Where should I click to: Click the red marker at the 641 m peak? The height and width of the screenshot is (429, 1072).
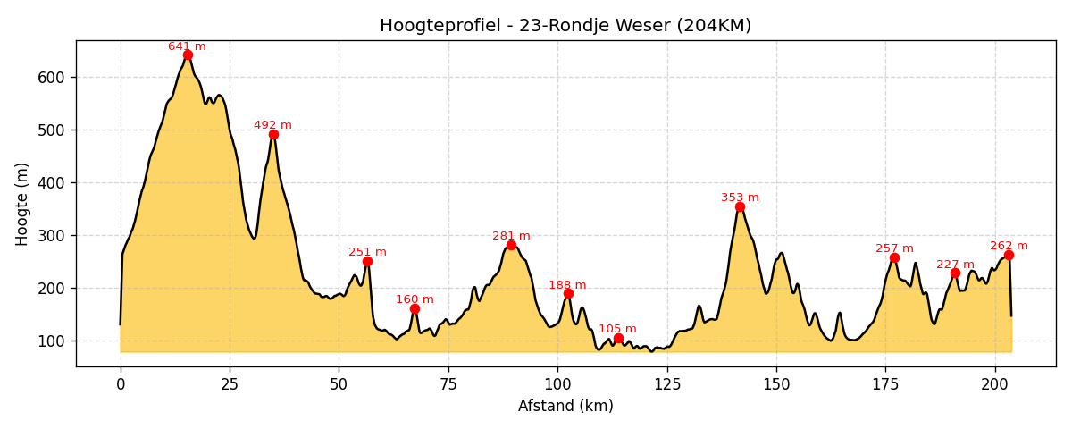(188, 55)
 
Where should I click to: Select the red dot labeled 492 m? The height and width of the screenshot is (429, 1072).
(273, 134)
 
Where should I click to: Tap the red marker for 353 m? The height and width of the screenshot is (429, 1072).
(740, 206)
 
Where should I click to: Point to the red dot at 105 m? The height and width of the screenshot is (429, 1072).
(618, 338)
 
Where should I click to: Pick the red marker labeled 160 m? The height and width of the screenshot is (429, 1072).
(415, 308)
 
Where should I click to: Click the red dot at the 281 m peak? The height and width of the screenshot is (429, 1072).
(511, 245)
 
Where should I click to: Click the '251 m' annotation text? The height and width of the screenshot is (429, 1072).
(367, 252)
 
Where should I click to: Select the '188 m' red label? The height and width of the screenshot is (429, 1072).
(567, 285)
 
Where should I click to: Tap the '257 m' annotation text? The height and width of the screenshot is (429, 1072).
(894, 248)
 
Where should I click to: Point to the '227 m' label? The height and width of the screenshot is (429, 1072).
(955, 265)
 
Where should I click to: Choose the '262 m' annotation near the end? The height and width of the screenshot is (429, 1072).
(1009, 246)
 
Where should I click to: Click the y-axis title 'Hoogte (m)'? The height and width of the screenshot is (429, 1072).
(22, 204)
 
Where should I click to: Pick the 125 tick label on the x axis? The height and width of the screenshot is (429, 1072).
(667, 383)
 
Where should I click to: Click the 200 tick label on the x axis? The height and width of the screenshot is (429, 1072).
(995, 383)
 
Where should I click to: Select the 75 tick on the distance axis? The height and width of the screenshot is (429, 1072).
(448, 383)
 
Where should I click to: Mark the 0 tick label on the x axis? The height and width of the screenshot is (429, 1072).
(121, 383)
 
